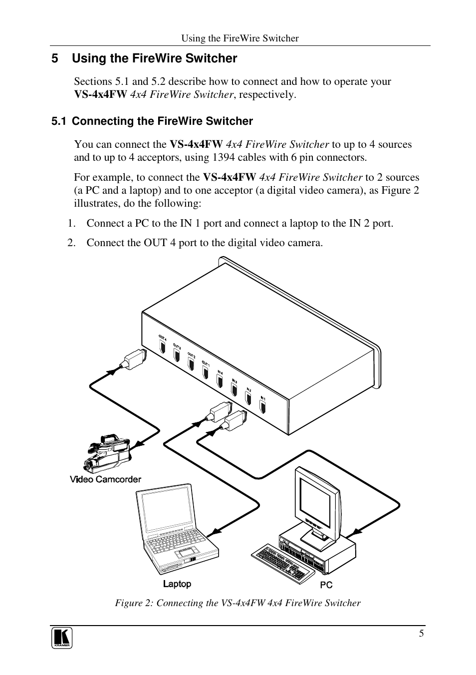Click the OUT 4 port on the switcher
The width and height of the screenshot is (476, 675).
click(x=162, y=347)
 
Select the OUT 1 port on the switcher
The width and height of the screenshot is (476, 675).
click(x=205, y=371)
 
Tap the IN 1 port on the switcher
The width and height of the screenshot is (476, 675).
click(x=263, y=406)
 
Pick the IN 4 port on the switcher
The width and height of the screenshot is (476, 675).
click(x=220, y=380)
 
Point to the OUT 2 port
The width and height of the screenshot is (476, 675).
click(x=191, y=364)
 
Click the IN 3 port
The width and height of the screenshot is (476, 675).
click(x=234, y=389)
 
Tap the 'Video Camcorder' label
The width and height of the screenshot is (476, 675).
click(x=105, y=479)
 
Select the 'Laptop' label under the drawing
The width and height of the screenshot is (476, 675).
click(x=177, y=584)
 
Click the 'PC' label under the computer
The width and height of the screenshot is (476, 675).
click(x=326, y=585)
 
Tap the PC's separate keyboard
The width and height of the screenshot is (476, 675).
click(x=279, y=563)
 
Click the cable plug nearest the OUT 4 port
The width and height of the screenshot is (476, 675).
click(x=135, y=359)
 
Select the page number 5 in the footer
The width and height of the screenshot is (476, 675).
click(x=422, y=634)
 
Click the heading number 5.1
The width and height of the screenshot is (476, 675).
click(x=59, y=121)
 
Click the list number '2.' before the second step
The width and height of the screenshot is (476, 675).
click(x=72, y=243)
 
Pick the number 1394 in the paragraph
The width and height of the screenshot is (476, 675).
click(x=224, y=157)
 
